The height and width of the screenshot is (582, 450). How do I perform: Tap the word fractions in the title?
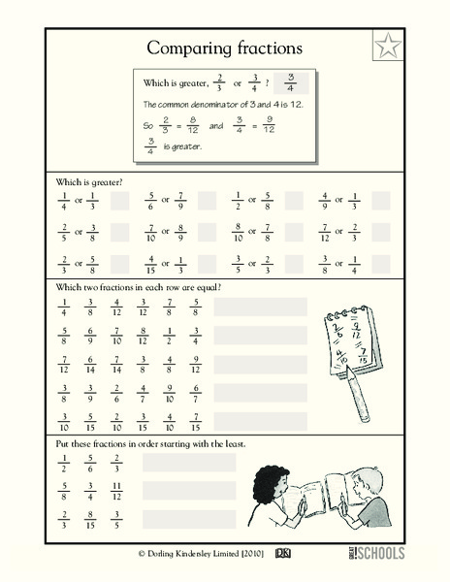[264, 48]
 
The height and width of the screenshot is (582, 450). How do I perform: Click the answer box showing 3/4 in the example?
[289, 84]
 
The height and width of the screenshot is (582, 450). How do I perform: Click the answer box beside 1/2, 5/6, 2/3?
[189, 463]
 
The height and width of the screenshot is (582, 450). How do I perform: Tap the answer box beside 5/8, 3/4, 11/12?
[189, 491]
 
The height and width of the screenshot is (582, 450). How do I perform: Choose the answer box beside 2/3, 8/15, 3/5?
[189, 519]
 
